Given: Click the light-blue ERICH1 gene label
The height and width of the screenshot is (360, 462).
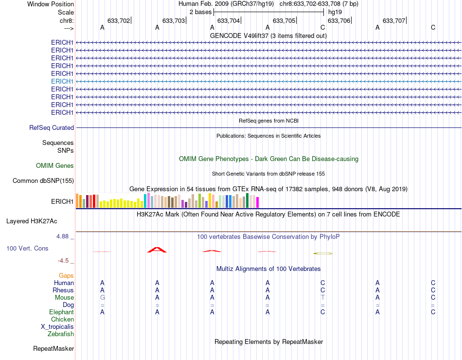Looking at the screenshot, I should click(x=62, y=81).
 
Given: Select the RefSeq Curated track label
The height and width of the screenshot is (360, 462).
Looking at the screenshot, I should click(x=52, y=127).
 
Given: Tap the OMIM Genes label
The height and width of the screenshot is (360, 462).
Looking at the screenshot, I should click(x=55, y=165).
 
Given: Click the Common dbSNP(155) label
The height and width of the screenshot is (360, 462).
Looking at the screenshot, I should click(x=43, y=181).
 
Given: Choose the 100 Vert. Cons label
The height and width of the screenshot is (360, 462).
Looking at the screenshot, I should click(x=27, y=248).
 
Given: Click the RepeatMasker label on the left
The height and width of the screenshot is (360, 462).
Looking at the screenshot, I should click(x=53, y=348).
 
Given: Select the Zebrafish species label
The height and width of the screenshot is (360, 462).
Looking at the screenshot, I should click(x=61, y=334).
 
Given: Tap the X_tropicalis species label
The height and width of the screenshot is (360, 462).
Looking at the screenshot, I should click(x=57, y=327).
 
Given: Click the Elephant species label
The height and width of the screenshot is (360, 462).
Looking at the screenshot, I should click(x=61, y=312).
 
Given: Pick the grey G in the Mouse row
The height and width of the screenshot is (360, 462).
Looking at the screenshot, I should click(x=102, y=297).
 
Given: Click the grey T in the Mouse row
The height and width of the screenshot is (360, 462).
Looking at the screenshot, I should click(x=322, y=297).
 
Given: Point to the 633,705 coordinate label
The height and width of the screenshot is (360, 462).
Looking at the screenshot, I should click(x=284, y=21).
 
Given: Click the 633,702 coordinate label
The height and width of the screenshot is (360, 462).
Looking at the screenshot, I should click(x=119, y=21).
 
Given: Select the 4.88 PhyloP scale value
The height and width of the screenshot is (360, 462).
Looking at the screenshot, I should click(x=65, y=236).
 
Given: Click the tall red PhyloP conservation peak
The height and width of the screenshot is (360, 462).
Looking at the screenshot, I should click(x=157, y=250).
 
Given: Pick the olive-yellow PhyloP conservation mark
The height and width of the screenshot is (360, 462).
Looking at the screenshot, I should click(x=322, y=253).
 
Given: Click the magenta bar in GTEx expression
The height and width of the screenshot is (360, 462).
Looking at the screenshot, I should click(x=258, y=202).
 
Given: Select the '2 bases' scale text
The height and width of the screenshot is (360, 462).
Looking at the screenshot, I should click(x=200, y=12).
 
